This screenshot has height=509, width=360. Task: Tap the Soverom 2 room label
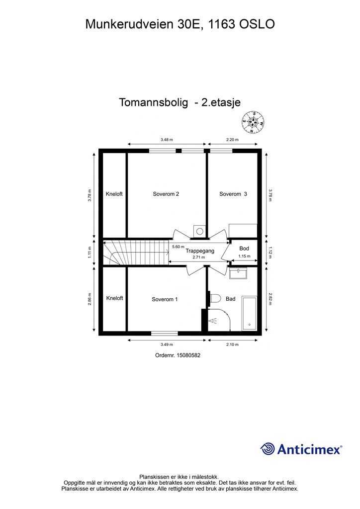pos(166,194)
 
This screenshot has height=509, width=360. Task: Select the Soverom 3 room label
pos(233,194)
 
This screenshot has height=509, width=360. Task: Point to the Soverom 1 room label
pos(165,299)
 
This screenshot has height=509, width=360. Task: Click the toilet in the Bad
pos(215,298)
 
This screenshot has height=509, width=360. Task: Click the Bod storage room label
pos(244,249)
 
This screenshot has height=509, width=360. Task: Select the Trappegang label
pos(200,252)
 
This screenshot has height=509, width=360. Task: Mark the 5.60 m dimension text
pos(178,247)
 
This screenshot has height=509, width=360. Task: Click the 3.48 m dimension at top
pos(167,140)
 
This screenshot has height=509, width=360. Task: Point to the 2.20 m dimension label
pos(233,140)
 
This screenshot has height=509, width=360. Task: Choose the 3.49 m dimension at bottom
pos(167,344)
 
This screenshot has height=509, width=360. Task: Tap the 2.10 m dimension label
pos(233,344)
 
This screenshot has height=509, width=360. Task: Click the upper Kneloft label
pos(114,194)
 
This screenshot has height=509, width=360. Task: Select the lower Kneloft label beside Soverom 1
pos(114,298)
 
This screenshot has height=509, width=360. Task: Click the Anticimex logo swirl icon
pos(268,449)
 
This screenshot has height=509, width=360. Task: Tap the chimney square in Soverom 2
pos(199,231)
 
